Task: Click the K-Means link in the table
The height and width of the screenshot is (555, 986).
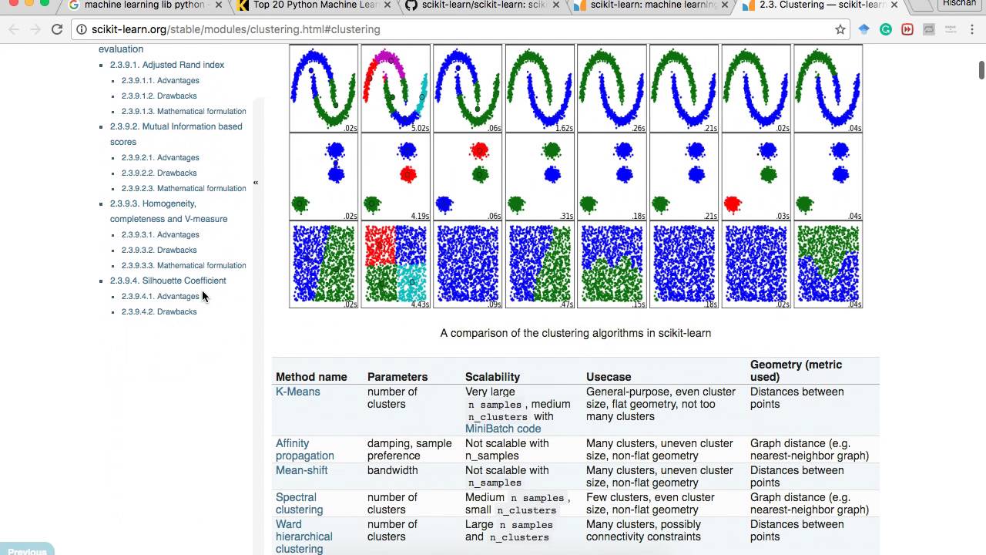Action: [x=297, y=392]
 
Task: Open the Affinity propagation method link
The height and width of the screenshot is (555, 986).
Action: [x=304, y=449]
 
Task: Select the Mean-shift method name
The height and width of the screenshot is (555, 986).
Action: [x=301, y=470]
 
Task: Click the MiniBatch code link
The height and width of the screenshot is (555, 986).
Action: [x=502, y=429]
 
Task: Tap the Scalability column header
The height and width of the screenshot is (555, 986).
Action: [x=492, y=377]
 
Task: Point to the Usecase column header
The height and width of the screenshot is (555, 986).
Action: [x=608, y=377]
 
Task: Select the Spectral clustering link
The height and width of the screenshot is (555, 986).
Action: [x=299, y=503]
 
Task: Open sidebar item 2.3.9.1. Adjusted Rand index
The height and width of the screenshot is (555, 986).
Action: [x=166, y=65]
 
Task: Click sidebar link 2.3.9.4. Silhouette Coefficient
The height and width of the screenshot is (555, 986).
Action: [x=168, y=281]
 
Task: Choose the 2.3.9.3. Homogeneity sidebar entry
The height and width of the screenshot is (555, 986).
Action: [x=153, y=203]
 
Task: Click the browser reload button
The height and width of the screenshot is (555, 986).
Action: [x=56, y=29]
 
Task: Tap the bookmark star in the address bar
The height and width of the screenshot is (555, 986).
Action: [x=840, y=29]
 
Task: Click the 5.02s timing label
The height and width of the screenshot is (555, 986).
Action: [x=420, y=129]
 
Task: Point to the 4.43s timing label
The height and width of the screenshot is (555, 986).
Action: [x=420, y=304]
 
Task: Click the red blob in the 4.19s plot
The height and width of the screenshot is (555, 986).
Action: [x=408, y=175]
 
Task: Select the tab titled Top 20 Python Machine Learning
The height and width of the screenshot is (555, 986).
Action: [x=312, y=5]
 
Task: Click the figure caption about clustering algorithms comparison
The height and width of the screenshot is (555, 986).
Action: [x=575, y=333]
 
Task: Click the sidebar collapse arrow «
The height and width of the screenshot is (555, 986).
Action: [x=256, y=183]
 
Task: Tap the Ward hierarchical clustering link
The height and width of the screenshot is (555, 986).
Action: [x=304, y=536]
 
